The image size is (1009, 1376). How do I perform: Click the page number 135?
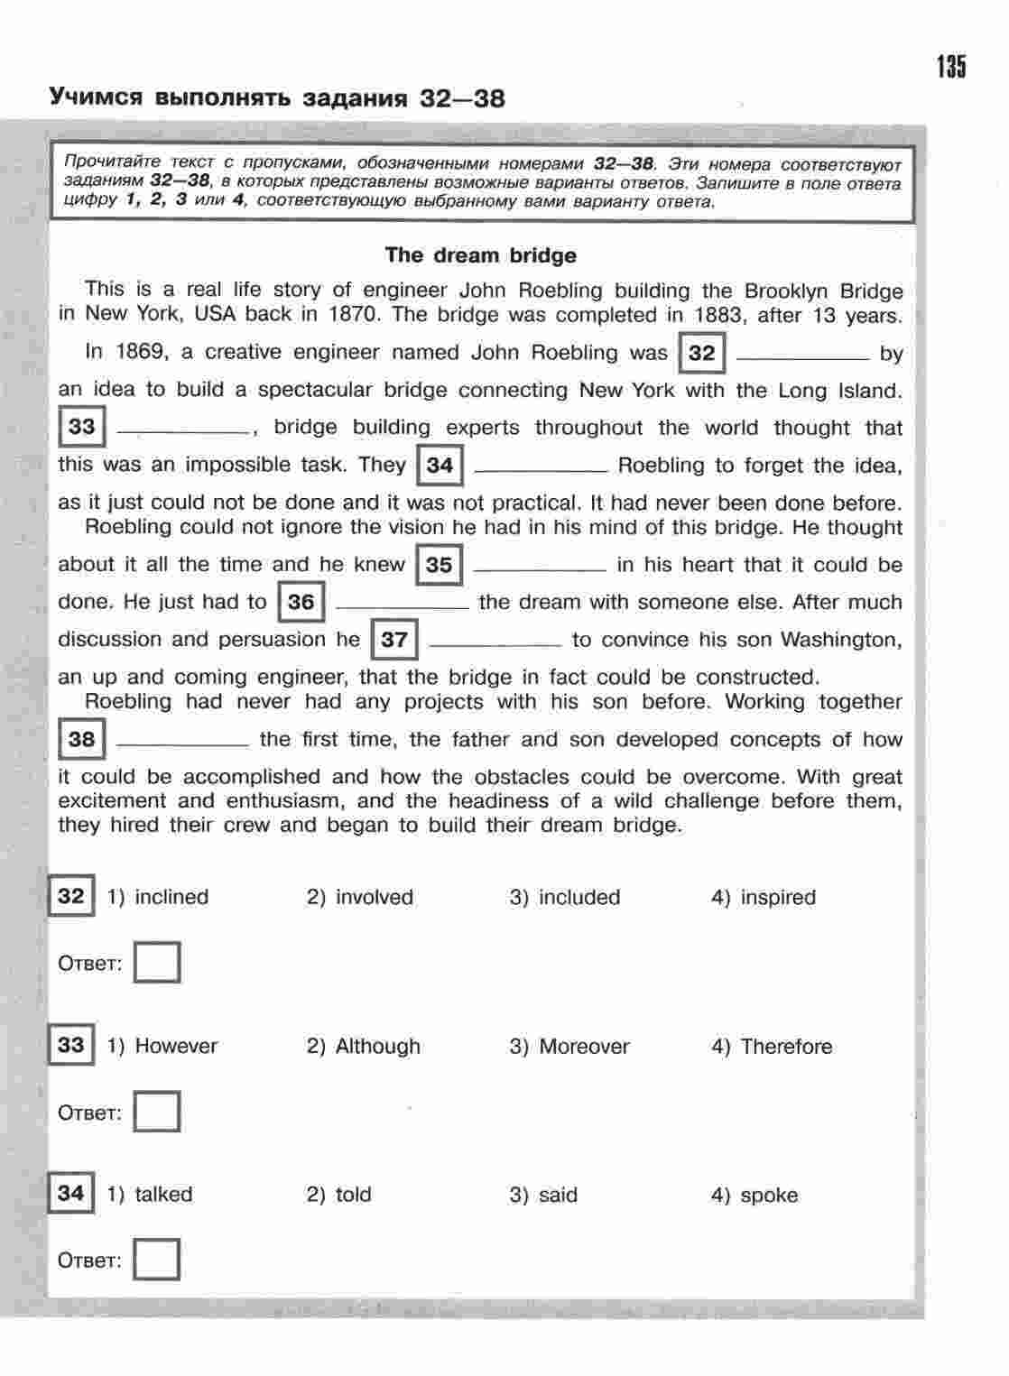(950, 67)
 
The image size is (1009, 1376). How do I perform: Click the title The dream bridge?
(480, 255)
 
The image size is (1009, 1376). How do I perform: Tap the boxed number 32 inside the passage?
(701, 353)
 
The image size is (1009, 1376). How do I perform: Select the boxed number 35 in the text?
(439, 565)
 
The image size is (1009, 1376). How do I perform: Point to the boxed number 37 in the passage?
(394, 640)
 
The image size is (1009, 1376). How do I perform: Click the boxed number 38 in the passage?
(81, 740)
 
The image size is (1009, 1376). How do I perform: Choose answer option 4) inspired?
(764, 898)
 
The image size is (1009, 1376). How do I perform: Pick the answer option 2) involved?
(360, 898)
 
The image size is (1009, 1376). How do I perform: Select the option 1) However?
(162, 1047)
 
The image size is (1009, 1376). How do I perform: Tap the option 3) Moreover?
(569, 1047)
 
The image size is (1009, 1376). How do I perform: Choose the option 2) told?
(339, 1195)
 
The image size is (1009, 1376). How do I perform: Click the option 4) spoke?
(754, 1196)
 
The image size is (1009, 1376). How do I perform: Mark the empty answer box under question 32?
(157, 963)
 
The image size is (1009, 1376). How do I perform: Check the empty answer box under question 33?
(157, 1112)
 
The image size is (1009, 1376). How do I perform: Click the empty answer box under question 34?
(157, 1260)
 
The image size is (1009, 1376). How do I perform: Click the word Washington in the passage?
(840, 640)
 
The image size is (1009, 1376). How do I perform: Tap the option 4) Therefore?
(773, 1047)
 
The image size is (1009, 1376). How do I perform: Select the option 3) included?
(565, 898)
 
